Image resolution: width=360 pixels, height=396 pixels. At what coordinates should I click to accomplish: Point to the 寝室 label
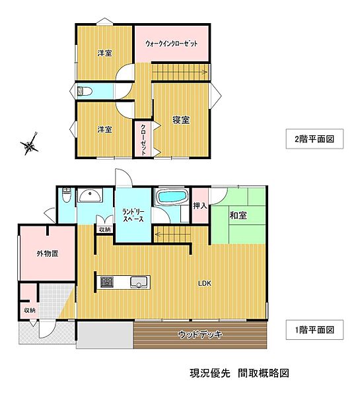(182, 120)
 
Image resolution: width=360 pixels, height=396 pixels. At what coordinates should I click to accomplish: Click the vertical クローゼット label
(143, 139)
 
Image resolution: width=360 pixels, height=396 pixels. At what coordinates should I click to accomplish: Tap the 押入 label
(200, 206)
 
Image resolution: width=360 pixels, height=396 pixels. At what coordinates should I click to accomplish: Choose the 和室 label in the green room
(238, 215)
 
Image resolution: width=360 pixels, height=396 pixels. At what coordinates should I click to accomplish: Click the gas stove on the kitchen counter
(107, 282)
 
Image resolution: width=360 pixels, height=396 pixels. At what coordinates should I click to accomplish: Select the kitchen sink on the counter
(139, 282)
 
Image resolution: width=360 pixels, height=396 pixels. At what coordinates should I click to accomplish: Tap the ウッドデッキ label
(200, 335)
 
